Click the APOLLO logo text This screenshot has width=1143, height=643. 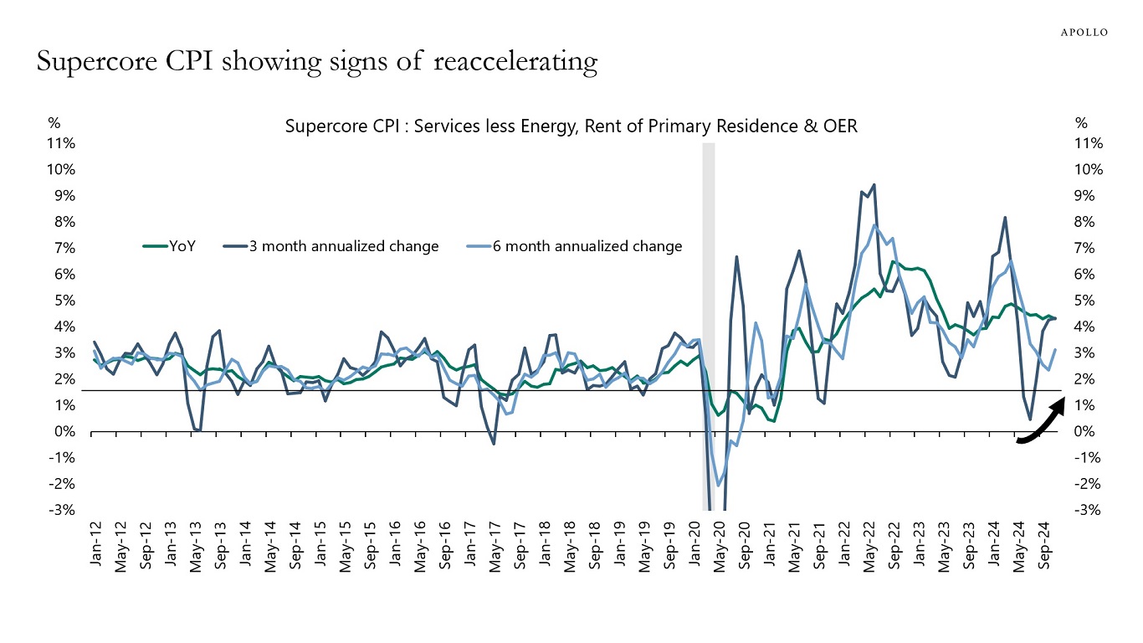coord(1084,32)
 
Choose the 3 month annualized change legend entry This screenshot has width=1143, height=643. coord(344,246)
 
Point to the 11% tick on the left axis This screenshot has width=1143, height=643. coord(63,143)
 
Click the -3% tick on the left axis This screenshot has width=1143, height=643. coord(64,510)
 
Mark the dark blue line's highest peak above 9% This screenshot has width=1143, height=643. coord(874,185)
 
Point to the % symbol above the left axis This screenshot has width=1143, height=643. coord(54,123)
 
